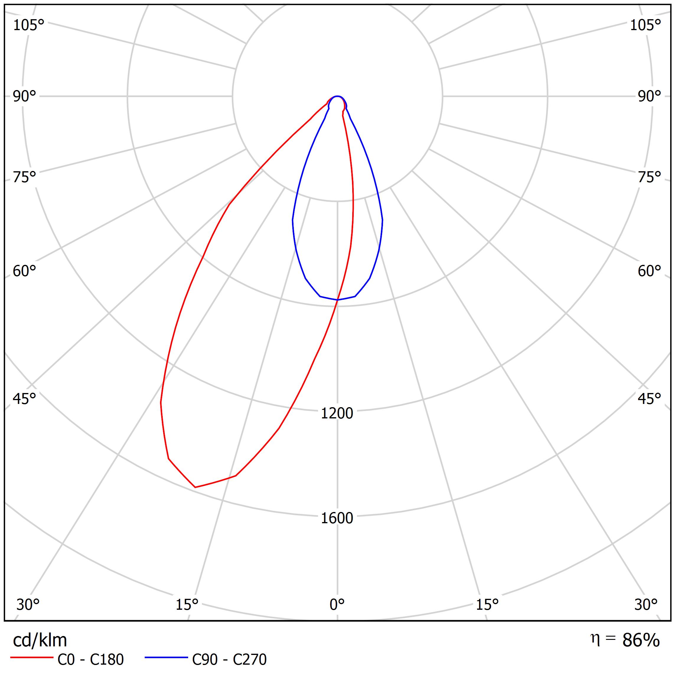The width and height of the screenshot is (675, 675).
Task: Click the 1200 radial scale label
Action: click(337, 413)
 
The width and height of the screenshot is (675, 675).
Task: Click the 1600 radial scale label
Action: click(337, 518)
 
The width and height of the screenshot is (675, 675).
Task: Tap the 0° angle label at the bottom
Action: click(337, 604)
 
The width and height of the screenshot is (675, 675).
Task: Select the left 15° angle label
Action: click(187, 604)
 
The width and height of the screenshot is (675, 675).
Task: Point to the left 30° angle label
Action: click(28, 604)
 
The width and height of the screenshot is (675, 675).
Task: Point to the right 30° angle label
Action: click(646, 604)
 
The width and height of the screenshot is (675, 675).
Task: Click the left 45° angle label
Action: click(25, 399)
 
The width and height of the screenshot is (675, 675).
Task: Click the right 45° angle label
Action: click(649, 399)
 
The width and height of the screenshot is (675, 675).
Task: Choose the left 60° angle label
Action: click(25, 271)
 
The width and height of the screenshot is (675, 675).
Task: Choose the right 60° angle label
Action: click(649, 271)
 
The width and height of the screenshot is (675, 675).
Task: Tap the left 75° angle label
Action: click(25, 177)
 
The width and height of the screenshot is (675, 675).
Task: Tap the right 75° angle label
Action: click(649, 177)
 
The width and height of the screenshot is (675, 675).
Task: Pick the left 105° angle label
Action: click(29, 25)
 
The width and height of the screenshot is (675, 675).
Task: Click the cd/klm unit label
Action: click(40, 640)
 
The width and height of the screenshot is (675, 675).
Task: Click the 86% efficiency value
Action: click(641, 640)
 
